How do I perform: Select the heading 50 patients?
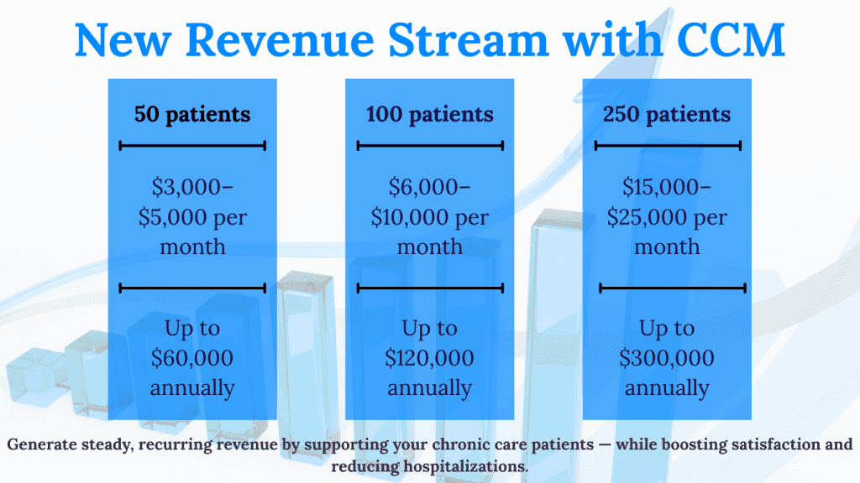(192, 114)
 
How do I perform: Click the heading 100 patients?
(430, 114)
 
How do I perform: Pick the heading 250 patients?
(667, 114)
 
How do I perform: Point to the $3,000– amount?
(192, 186)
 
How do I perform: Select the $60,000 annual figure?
(192, 358)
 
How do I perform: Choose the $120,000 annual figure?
(430, 358)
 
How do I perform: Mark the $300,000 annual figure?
(667, 358)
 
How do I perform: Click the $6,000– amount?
(430, 186)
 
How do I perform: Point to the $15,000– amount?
(667, 186)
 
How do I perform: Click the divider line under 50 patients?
(192, 146)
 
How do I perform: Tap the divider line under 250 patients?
(668, 146)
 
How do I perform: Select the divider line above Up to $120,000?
(430, 288)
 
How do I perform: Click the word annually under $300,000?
(667, 388)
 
